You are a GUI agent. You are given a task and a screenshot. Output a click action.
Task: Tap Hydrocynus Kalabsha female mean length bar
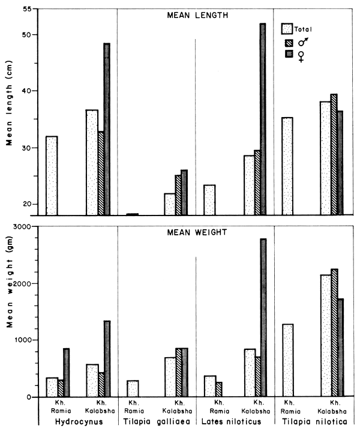(x=107, y=129)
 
